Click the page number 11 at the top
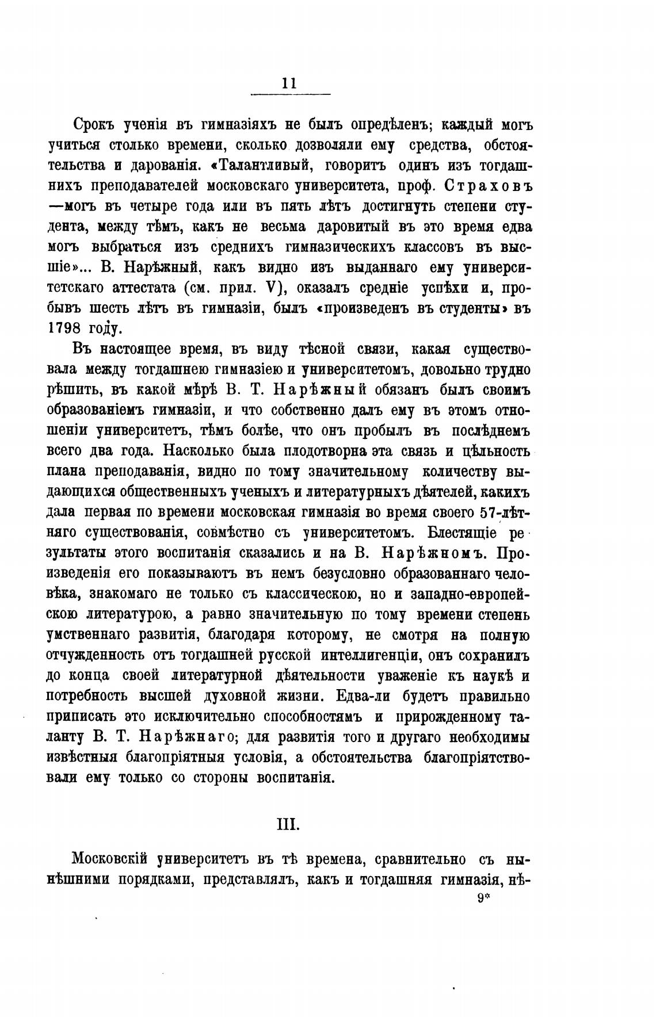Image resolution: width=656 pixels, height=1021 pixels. pyautogui.click(x=289, y=83)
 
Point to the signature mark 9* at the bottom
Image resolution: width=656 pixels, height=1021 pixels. pyautogui.click(x=482, y=896)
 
